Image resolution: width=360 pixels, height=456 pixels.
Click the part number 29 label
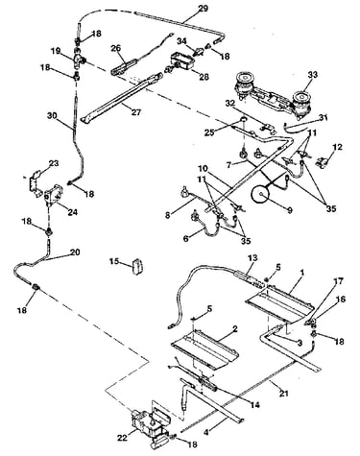(203, 8)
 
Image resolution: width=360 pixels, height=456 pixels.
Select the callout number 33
(312, 75)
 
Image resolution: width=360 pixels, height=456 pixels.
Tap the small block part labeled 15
(138, 266)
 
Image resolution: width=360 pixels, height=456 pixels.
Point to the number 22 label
(124, 438)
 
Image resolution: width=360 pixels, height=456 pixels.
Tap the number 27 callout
(136, 112)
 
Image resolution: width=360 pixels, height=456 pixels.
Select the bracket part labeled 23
(35, 182)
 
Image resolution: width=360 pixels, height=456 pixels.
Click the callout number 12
(337, 147)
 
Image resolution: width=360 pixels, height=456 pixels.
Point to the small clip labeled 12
(321, 161)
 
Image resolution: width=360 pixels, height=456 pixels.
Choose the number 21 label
(283, 393)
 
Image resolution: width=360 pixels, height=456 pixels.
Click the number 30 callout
(52, 116)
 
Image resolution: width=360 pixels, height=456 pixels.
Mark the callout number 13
(252, 258)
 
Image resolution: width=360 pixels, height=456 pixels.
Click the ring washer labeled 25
(243, 120)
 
